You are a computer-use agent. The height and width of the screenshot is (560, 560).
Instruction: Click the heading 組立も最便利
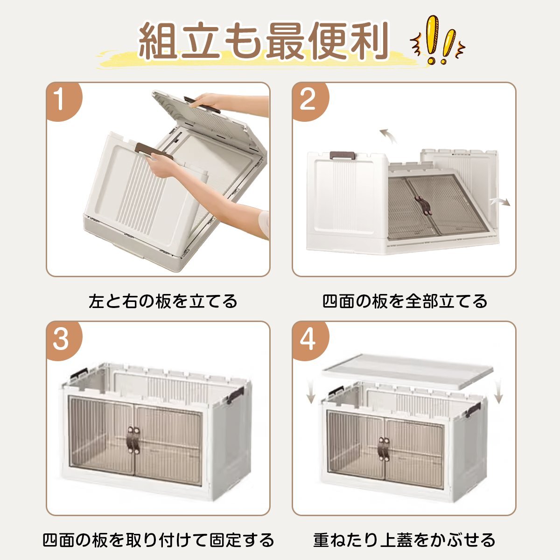pyautogui.click(x=263, y=42)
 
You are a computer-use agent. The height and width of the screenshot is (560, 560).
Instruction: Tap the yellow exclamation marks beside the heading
pyautogui.click(x=438, y=40)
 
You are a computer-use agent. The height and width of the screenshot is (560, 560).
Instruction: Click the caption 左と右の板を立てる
pyautogui.click(x=163, y=301)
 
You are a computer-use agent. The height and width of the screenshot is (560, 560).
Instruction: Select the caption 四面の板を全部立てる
pyautogui.click(x=405, y=301)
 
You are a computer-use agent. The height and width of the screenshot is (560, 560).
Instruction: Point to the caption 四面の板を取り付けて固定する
pyautogui.click(x=158, y=540)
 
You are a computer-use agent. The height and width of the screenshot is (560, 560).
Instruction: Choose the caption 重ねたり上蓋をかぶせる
pyautogui.click(x=404, y=540)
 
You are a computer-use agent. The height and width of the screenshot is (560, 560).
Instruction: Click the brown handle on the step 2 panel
pyautogui.click(x=343, y=155)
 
